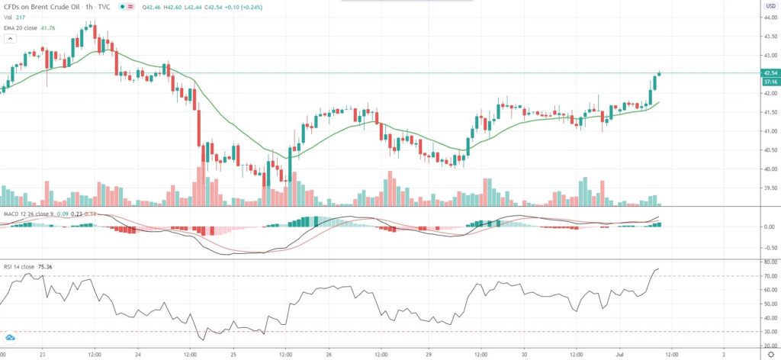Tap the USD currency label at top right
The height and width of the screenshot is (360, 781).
[x=770, y=6]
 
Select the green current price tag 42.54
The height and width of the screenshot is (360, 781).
[x=770, y=72]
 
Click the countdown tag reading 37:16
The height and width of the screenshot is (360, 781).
[x=770, y=81]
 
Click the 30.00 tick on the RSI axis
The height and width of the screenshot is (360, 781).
[x=769, y=331]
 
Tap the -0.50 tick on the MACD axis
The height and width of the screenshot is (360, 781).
[x=769, y=247]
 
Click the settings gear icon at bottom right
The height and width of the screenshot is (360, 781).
[x=769, y=355]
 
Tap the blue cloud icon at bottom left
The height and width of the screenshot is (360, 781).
[x=11, y=338]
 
